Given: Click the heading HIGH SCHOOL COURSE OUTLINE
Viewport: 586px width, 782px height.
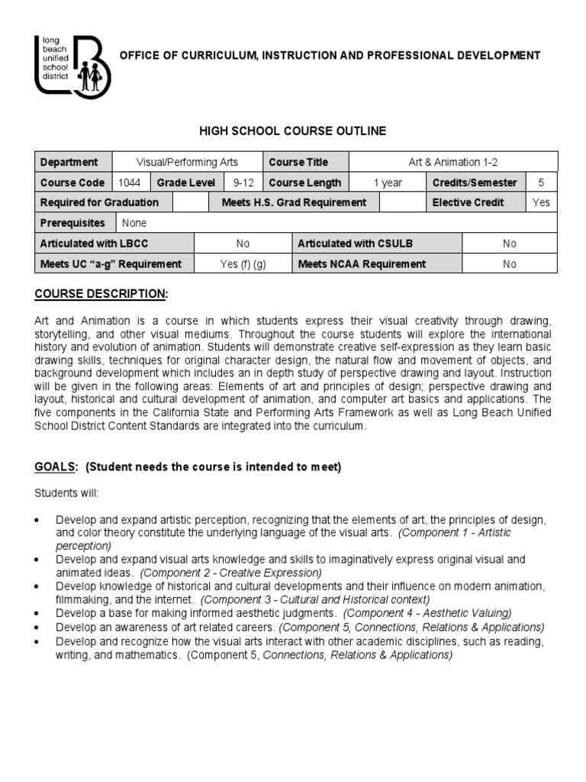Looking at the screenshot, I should pyautogui.click(x=293, y=131).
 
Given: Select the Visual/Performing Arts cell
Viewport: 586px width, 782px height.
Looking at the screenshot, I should pyautogui.click(x=187, y=162).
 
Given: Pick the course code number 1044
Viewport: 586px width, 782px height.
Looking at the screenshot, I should pyautogui.click(x=129, y=183).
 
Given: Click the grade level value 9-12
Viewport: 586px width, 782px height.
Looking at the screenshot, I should pyautogui.click(x=236, y=183).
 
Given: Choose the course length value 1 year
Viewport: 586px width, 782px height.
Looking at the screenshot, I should pyautogui.click(x=387, y=183).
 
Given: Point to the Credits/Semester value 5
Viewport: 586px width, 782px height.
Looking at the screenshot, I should pyautogui.click(x=541, y=183).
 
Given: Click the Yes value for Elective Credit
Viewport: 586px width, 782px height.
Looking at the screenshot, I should pyautogui.click(x=541, y=202).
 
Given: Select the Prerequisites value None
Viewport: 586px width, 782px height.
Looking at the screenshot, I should pyautogui.click(x=134, y=223).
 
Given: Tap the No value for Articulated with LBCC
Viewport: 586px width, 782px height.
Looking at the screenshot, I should pyautogui.click(x=243, y=244).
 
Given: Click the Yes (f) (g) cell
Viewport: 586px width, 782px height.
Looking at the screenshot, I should pyautogui.click(x=243, y=264).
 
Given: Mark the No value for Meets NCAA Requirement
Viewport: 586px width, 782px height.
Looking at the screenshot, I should pyautogui.click(x=509, y=264).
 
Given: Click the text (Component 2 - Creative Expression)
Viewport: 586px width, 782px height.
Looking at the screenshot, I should pyautogui.click(x=232, y=572).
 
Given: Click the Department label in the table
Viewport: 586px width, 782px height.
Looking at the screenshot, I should pyautogui.click(x=69, y=162).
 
